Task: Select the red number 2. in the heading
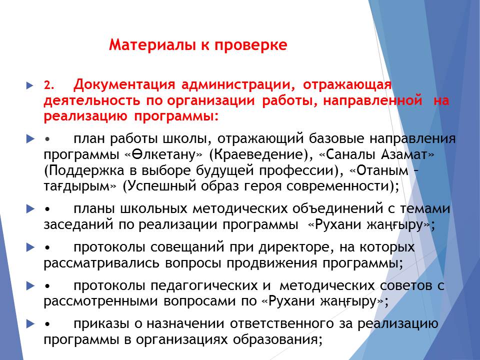point(49,85)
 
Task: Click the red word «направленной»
point(373,100)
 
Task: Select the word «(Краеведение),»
point(261,155)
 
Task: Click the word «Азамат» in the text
point(404,154)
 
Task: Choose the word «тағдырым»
point(77,186)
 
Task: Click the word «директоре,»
point(297,248)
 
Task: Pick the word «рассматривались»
point(101,263)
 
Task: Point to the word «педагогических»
point(204,286)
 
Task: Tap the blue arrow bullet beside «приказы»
point(30,324)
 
